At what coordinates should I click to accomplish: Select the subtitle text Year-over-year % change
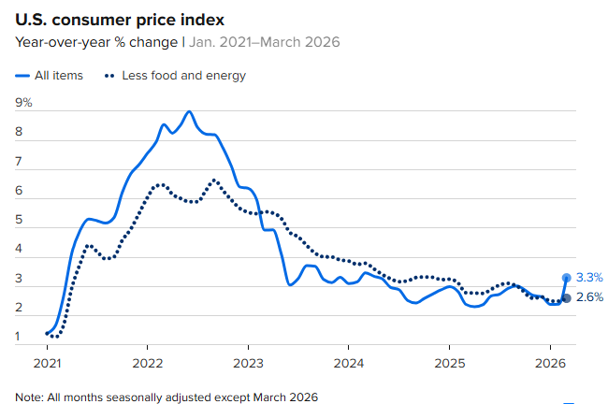point(96,42)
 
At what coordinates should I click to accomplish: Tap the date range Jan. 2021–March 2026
point(266,42)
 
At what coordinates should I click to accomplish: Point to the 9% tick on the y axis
point(23,102)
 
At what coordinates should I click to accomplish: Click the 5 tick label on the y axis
point(19,220)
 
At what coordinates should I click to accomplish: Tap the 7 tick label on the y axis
point(19,161)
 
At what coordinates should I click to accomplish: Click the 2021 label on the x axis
point(48,362)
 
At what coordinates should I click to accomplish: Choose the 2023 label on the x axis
point(248,362)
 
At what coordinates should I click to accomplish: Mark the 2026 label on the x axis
point(549,362)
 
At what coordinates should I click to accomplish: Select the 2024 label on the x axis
point(349,362)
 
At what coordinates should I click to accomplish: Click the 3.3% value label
point(589,278)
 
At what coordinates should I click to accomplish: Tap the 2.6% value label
point(589,297)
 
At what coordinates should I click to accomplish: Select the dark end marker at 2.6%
point(566,298)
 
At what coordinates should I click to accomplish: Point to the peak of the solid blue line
point(189,111)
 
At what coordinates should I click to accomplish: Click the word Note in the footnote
point(30,397)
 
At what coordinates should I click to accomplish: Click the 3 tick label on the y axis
point(19,278)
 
